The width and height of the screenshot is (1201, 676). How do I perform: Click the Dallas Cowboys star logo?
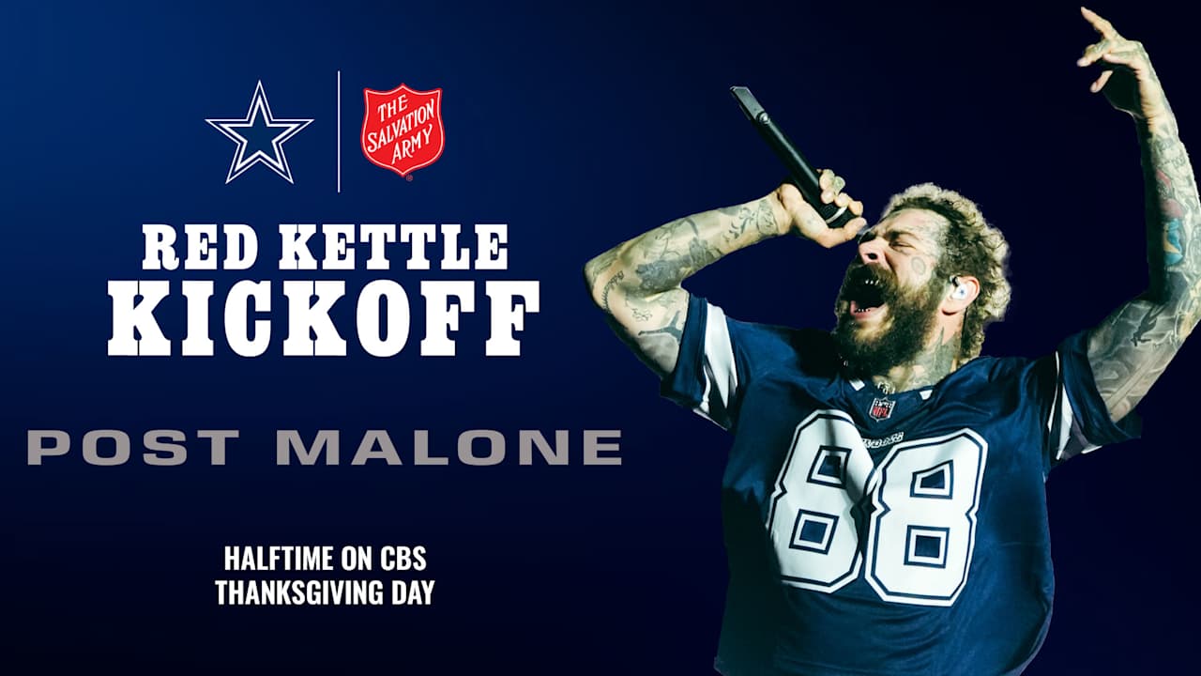pyautogui.click(x=259, y=132)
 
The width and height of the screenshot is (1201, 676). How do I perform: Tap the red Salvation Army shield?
pyautogui.click(x=403, y=131)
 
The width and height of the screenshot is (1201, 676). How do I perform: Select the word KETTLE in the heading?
pyautogui.click(x=393, y=248)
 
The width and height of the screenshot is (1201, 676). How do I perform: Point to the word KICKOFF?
pyautogui.click(x=324, y=317)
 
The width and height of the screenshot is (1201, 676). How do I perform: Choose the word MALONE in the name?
pyautogui.click(x=448, y=447)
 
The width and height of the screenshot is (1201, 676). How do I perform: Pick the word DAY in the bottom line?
pyautogui.click(x=412, y=593)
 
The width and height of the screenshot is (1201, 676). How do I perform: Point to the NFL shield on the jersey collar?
pyautogui.click(x=881, y=408)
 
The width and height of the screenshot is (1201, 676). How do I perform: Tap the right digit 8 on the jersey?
pyautogui.click(x=924, y=520)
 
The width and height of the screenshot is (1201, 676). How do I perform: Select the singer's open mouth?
pyautogui.click(x=866, y=293)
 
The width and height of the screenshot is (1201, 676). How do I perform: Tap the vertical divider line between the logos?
pyautogui.click(x=339, y=131)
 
